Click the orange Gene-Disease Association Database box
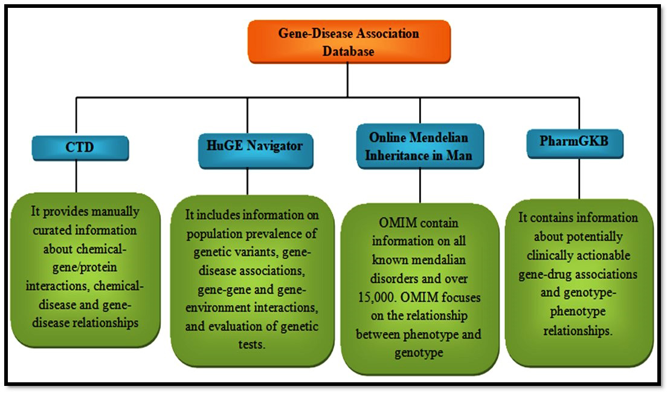click(349, 42)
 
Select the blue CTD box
click(80, 148)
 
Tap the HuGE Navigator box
click(256, 151)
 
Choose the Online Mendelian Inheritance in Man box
click(420, 146)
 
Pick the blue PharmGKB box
click(575, 144)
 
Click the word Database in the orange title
click(348, 51)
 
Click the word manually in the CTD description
click(115, 211)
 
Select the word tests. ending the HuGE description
click(252, 345)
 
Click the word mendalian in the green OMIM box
click(419, 260)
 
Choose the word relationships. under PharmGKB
click(578, 331)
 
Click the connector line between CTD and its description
click(76, 177)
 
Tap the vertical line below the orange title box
click(347, 80)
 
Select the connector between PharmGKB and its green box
click(579, 179)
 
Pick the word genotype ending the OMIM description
click(419, 353)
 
